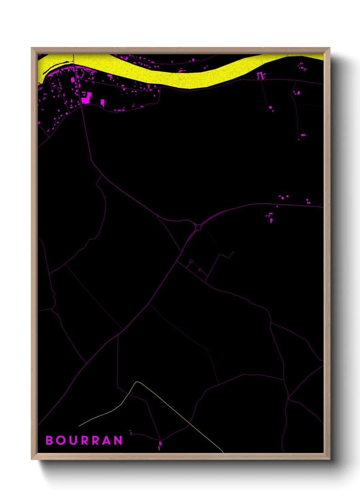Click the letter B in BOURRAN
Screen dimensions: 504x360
(x=49, y=440)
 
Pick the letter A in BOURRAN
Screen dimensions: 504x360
(x=107, y=440)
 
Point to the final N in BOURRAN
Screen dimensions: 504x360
(x=118, y=440)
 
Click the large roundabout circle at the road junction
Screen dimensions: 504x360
(x=198, y=227)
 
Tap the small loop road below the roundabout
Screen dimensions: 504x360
(x=191, y=261)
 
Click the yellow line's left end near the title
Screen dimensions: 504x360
(x=79, y=426)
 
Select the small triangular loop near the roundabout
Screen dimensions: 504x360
(x=200, y=270)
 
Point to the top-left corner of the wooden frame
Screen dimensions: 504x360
(x=32, y=48)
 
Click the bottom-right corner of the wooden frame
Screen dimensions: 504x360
(x=329, y=460)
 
